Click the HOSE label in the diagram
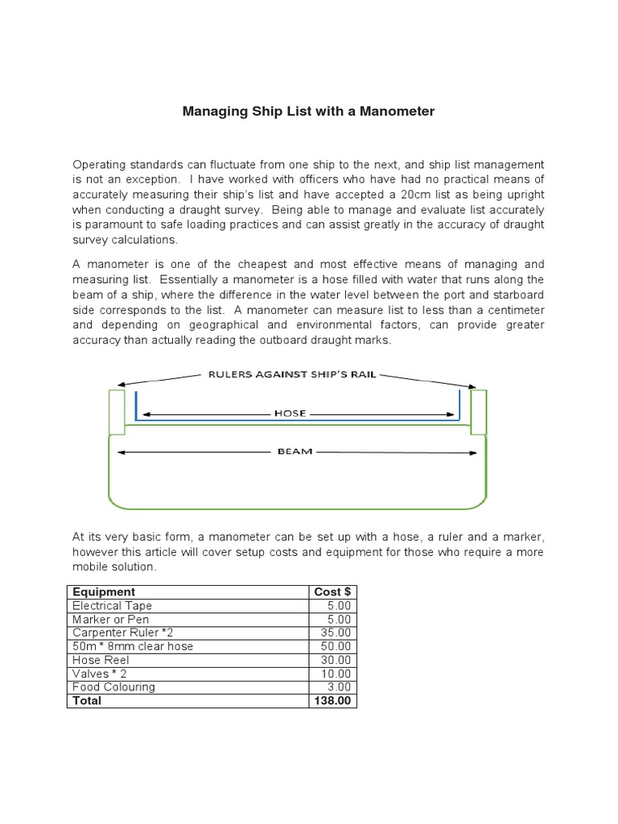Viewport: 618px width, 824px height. [290, 414]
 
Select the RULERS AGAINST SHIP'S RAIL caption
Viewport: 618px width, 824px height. [292, 374]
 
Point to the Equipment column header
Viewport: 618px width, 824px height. [104, 591]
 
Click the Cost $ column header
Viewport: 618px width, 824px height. [332, 591]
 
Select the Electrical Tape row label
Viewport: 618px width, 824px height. [112, 605]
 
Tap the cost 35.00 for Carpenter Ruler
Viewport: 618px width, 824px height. [337, 632]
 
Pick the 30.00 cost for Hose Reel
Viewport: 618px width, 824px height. [337, 660]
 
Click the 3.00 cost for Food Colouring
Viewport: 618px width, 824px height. [340, 687]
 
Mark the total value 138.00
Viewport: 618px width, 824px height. [334, 701]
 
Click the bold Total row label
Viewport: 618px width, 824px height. [87, 701]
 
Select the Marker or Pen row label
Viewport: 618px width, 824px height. [105, 619]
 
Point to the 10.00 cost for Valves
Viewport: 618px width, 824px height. [337, 674]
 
